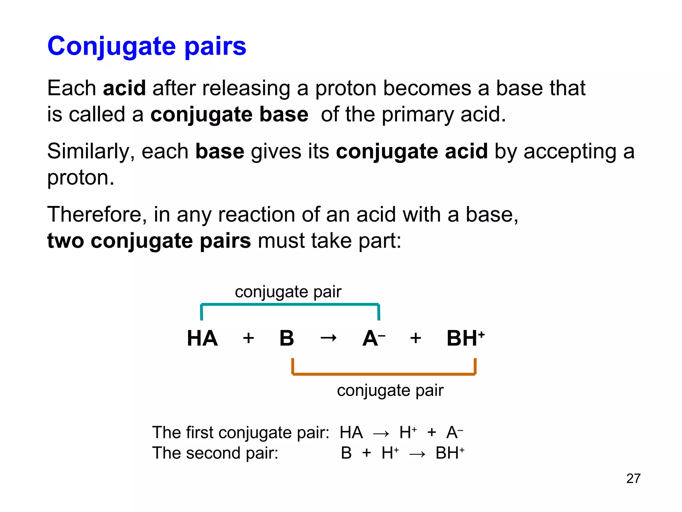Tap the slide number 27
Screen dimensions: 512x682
pyautogui.click(x=633, y=479)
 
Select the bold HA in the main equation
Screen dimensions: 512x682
pyautogui.click(x=202, y=338)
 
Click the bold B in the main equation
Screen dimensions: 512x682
pyautogui.click(x=287, y=338)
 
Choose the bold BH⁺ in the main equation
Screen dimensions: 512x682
pyautogui.click(x=465, y=338)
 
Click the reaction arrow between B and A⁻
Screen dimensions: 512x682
pyautogui.click(x=328, y=338)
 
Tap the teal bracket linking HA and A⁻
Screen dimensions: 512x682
pyautogui.click(x=290, y=304)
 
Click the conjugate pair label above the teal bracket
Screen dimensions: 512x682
pyautogui.click(x=288, y=292)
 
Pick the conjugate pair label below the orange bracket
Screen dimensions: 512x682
pyautogui.click(x=390, y=390)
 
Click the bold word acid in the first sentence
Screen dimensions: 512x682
pyautogui.click(x=124, y=88)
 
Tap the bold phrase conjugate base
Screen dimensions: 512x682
pyautogui.click(x=229, y=114)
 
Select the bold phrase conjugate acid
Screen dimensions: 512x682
pyautogui.click(x=412, y=151)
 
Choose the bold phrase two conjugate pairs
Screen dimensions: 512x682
pyautogui.click(x=149, y=241)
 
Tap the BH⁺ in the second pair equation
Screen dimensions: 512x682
pyautogui.click(x=450, y=453)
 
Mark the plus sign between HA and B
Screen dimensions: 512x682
pyautogui.click(x=248, y=338)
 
